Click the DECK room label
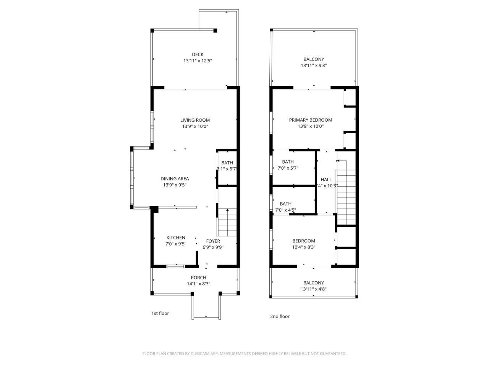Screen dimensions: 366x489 coord(198,55)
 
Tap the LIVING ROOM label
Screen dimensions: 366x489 coord(195,120)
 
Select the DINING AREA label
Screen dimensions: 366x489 coord(175,178)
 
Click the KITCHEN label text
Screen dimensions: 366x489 coord(176,238)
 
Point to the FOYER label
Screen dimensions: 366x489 coord(213,241)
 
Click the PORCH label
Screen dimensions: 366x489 coord(198,278)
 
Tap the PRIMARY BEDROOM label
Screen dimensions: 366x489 coord(310,120)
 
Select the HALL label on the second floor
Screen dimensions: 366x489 coord(326,180)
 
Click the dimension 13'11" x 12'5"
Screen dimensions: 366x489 coord(198,61)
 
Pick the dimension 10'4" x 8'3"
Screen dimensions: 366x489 coord(303,247)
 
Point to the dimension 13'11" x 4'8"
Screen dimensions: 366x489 coord(313,289)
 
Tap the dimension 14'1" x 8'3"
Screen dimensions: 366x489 coord(198,284)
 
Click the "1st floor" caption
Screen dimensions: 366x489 coord(160,313)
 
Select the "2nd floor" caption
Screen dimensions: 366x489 coord(280,316)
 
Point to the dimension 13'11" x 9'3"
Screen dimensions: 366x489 coord(313,66)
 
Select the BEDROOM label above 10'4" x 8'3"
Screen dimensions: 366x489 coord(303,241)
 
